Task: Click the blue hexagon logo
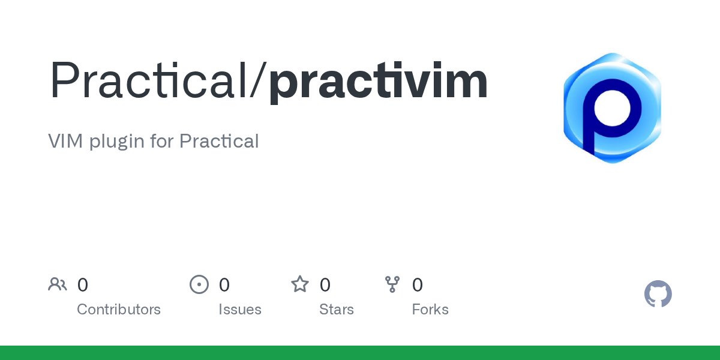click(x=612, y=108)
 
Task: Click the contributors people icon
click(x=58, y=284)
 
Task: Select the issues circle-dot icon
click(x=199, y=284)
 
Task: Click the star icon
click(x=300, y=284)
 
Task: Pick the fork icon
click(x=392, y=284)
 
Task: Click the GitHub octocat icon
click(x=658, y=295)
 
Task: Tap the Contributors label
click(x=119, y=310)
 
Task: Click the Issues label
click(x=240, y=310)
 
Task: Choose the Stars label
click(x=337, y=310)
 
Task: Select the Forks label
click(x=430, y=310)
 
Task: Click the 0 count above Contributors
click(x=83, y=285)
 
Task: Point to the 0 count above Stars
click(x=325, y=285)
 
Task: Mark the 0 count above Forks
click(x=418, y=285)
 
